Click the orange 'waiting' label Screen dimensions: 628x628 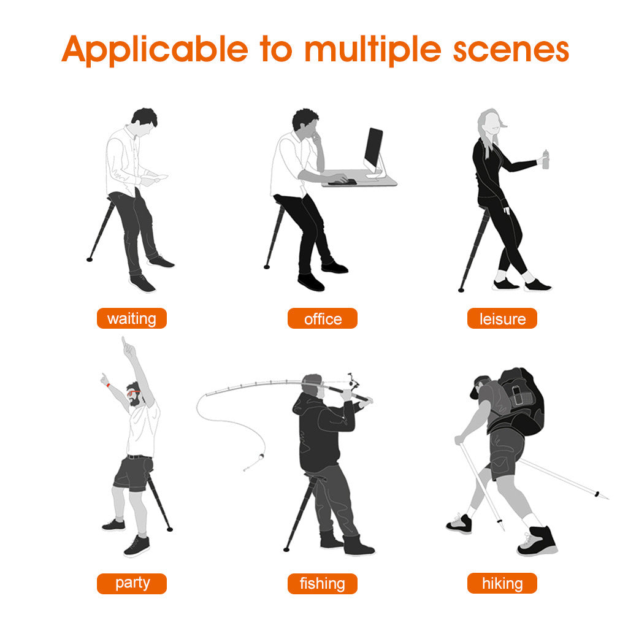(x=132, y=318)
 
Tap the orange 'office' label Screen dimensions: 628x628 (x=323, y=318)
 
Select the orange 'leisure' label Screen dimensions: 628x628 (x=502, y=318)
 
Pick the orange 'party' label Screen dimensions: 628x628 (x=132, y=584)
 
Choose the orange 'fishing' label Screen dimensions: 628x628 (x=323, y=584)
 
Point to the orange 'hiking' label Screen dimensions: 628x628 (x=502, y=583)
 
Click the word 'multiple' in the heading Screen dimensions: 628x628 (x=373, y=50)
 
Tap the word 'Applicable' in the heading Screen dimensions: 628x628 (x=155, y=50)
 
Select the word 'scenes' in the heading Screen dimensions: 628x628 (x=511, y=51)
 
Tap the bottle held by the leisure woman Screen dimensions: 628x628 (x=545, y=159)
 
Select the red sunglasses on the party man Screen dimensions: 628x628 (x=133, y=393)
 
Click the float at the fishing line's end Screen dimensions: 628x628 (x=261, y=456)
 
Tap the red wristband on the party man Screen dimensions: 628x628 (x=108, y=386)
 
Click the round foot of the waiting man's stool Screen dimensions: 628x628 (x=90, y=259)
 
